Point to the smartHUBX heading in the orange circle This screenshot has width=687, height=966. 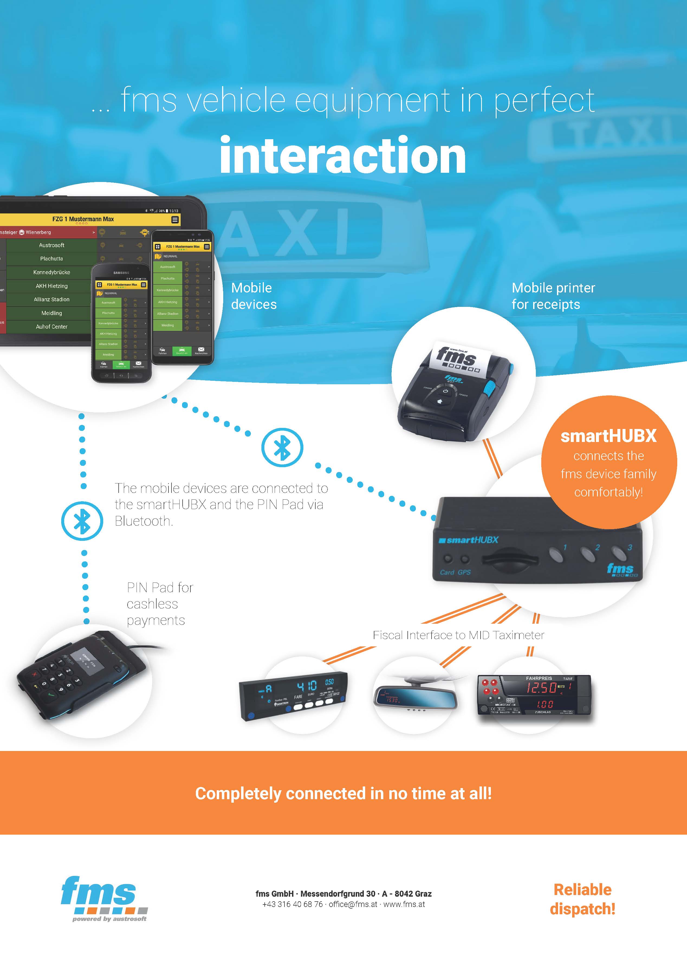click(608, 436)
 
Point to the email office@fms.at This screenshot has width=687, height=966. click(352, 904)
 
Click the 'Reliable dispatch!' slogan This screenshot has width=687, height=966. click(582, 899)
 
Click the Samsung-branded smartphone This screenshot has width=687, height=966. click(121, 324)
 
